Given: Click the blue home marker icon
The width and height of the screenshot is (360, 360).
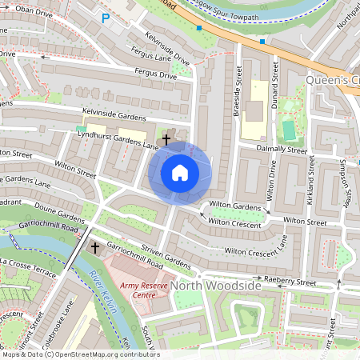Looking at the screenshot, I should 180,172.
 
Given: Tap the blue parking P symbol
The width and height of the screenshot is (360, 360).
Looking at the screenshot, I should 106,18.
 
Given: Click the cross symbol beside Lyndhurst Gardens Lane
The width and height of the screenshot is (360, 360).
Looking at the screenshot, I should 166,140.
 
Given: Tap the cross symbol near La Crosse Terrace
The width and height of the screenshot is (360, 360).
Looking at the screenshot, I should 95,248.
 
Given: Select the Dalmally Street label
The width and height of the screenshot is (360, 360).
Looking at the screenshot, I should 281,150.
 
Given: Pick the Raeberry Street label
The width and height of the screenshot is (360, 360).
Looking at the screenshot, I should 290,282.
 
